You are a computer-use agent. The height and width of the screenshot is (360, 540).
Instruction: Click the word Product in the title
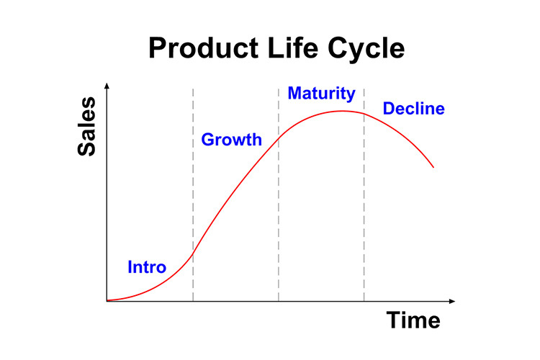click(204, 48)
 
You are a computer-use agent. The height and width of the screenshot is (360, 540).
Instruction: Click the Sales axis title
click(86, 127)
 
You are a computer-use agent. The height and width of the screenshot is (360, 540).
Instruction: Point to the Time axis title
click(413, 320)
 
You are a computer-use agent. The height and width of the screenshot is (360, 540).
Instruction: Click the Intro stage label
click(147, 267)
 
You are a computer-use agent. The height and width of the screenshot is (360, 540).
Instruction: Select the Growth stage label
click(231, 140)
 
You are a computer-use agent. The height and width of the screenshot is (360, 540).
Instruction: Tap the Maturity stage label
click(321, 94)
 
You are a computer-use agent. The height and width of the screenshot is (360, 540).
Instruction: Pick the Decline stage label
click(413, 109)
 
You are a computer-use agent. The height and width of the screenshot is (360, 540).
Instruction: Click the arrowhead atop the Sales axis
click(107, 86)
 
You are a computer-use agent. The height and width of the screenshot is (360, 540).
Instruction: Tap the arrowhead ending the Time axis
click(452, 302)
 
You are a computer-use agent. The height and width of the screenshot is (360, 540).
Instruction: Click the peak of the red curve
click(342, 111)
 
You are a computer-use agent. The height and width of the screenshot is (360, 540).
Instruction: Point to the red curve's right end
click(433, 168)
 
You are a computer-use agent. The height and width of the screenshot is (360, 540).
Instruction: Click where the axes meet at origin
click(107, 301)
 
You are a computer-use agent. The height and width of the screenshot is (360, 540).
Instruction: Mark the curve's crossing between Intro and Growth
click(193, 254)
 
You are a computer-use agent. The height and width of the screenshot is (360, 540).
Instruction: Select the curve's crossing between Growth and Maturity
click(278, 138)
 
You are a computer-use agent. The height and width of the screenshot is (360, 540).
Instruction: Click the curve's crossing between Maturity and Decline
click(364, 114)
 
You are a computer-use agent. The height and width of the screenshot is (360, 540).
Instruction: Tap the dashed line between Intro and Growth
click(193, 195)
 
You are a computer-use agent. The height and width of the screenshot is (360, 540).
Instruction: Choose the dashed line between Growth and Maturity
click(278, 195)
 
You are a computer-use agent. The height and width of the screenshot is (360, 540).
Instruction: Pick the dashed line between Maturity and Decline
click(364, 195)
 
